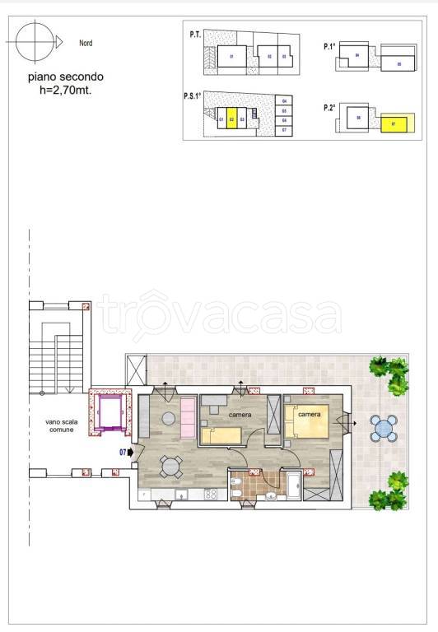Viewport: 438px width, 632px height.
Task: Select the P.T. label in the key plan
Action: pos(195,35)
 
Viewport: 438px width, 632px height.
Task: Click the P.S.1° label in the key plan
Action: pos(193,96)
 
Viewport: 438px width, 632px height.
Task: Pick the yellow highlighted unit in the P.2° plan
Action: pos(394,125)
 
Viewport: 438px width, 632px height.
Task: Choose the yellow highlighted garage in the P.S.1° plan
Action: pos(232,120)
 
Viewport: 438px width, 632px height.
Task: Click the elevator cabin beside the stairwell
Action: pos(109,411)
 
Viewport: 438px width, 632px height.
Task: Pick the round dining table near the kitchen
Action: pos(170,467)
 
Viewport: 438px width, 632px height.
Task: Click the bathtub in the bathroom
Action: pos(292,484)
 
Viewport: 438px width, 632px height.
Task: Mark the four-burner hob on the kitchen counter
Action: pos(210,494)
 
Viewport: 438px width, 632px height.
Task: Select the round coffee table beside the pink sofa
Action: pos(168,419)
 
